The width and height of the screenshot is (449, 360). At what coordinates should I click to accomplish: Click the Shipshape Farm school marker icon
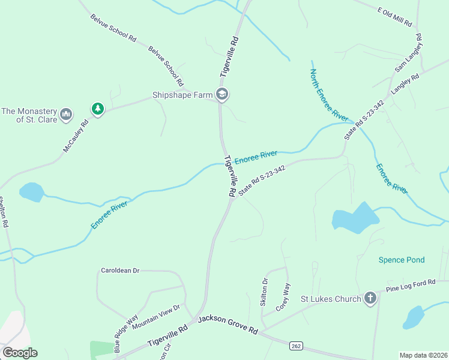[223, 94]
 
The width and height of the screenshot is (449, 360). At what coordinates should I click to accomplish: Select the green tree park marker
[97, 109]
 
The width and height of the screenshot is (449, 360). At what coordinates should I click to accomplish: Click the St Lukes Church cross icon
[370, 298]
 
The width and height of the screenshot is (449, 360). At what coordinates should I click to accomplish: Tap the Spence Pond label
[402, 260]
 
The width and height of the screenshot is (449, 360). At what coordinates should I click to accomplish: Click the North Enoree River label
[329, 95]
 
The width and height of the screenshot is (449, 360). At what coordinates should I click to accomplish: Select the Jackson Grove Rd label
[228, 324]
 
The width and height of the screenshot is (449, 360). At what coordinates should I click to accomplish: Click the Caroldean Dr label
[120, 271]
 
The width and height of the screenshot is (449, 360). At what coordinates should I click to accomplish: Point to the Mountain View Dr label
[156, 317]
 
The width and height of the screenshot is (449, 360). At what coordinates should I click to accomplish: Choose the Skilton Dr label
[265, 292]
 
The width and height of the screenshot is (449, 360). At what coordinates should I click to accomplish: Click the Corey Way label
[283, 296]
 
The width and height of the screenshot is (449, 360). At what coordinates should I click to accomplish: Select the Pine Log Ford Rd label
[410, 286]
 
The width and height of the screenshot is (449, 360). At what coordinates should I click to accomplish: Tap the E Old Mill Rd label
[394, 16]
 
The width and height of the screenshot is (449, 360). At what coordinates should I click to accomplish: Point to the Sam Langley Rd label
[409, 54]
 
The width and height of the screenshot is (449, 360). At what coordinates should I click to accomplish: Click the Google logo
[20, 353]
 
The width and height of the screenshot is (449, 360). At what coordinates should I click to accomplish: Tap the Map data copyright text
[424, 355]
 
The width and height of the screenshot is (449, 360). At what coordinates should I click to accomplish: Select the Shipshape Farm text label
[182, 94]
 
